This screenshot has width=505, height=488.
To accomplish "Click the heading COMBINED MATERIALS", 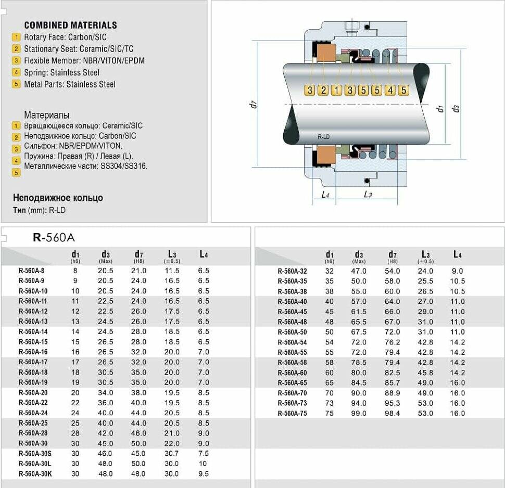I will coord(70,25).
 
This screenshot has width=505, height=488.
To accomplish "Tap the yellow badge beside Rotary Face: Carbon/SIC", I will coord(16,37).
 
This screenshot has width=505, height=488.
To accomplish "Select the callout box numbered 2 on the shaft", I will coord(323,90).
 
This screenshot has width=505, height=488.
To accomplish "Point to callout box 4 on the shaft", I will coord(390,90).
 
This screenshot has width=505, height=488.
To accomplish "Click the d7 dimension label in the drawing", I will coord(254,104).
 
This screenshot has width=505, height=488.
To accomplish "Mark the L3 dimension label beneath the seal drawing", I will coord(368,194).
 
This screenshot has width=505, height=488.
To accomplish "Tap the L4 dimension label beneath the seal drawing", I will coord(325,194).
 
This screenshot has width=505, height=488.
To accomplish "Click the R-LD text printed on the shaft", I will coord(323,137).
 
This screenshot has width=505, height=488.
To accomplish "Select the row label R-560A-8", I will coord(31,271).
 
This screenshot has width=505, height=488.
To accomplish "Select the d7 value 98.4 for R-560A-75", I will coord(392,414).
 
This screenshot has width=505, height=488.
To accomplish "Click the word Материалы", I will coord(47,115).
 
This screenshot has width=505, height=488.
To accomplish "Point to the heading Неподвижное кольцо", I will coord(58,198).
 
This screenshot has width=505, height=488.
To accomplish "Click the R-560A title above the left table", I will coord(54,238).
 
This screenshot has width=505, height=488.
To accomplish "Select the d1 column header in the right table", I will coord(329,255).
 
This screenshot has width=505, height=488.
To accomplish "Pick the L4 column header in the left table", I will coord(204,254).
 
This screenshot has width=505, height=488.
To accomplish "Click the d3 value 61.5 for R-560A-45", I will coord(359,312).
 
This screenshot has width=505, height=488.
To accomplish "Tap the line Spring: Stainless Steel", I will coord(61,72).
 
